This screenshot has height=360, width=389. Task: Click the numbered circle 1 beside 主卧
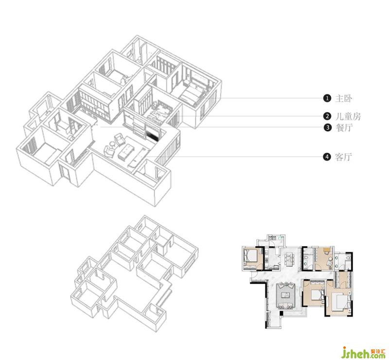[x=327, y=98]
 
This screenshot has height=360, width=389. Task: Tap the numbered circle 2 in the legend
[x=327, y=116]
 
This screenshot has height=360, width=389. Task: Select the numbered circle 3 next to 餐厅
[x=327, y=127]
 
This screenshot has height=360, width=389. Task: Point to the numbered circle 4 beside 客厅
[x=327, y=157]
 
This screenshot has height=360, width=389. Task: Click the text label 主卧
[x=344, y=98]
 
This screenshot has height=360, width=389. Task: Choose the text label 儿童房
[x=348, y=116]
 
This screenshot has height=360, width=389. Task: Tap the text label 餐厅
[x=344, y=127]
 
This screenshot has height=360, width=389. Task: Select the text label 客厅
[x=344, y=157]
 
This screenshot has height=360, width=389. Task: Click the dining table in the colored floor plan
[x=289, y=259]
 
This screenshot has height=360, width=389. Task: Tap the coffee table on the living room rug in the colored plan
[x=285, y=295]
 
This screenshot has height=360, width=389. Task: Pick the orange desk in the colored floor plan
[x=327, y=250]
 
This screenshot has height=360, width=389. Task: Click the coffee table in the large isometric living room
[x=126, y=149]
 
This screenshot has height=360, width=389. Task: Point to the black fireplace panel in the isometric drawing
[x=153, y=134]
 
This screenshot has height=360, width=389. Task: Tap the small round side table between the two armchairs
[x=112, y=144]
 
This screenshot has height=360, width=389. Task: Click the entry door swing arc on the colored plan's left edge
[x=254, y=275]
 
